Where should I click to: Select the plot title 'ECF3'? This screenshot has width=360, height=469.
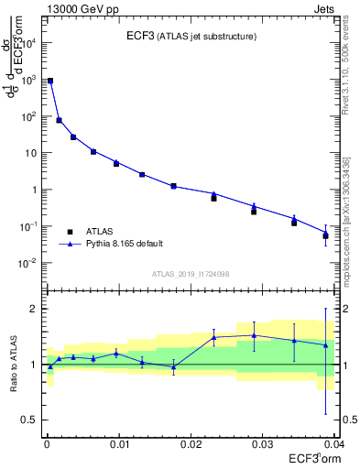141,36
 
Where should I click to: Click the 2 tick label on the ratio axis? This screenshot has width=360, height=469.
36,309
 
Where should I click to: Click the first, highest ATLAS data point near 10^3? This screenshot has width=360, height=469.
50,82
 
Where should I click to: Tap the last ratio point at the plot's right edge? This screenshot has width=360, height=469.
325,345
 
